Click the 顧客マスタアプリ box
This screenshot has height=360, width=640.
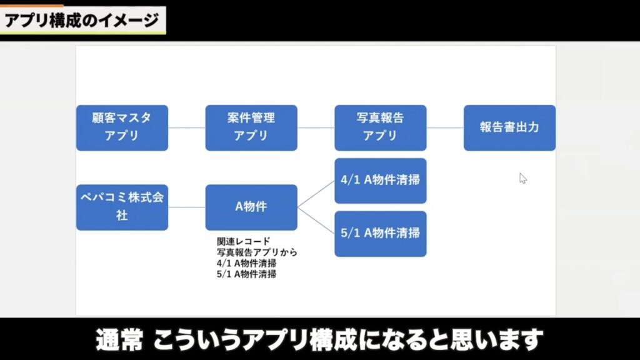(122, 127)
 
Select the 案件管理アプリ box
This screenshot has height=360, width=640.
(251, 127)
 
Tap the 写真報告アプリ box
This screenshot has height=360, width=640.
(380, 127)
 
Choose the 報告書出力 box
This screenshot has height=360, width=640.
(509, 127)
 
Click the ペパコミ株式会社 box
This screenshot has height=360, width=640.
(122, 207)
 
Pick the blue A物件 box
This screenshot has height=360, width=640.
(251, 207)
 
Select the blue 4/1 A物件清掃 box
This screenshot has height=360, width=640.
(380, 181)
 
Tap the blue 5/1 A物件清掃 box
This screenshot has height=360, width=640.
(380, 234)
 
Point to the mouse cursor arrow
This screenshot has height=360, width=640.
(522, 178)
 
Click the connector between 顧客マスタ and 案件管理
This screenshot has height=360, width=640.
(187, 128)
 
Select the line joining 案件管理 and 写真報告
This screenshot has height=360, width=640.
(316, 128)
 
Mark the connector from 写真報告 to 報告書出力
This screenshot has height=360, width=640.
(445, 128)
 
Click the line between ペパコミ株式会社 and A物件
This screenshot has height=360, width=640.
(187, 207)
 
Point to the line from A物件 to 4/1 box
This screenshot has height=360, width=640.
(316, 194)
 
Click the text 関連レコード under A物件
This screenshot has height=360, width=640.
(243, 241)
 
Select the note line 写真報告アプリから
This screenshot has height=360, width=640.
(256, 252)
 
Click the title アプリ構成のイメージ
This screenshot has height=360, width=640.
(82, 21)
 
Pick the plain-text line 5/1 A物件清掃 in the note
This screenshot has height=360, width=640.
(246, 274)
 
